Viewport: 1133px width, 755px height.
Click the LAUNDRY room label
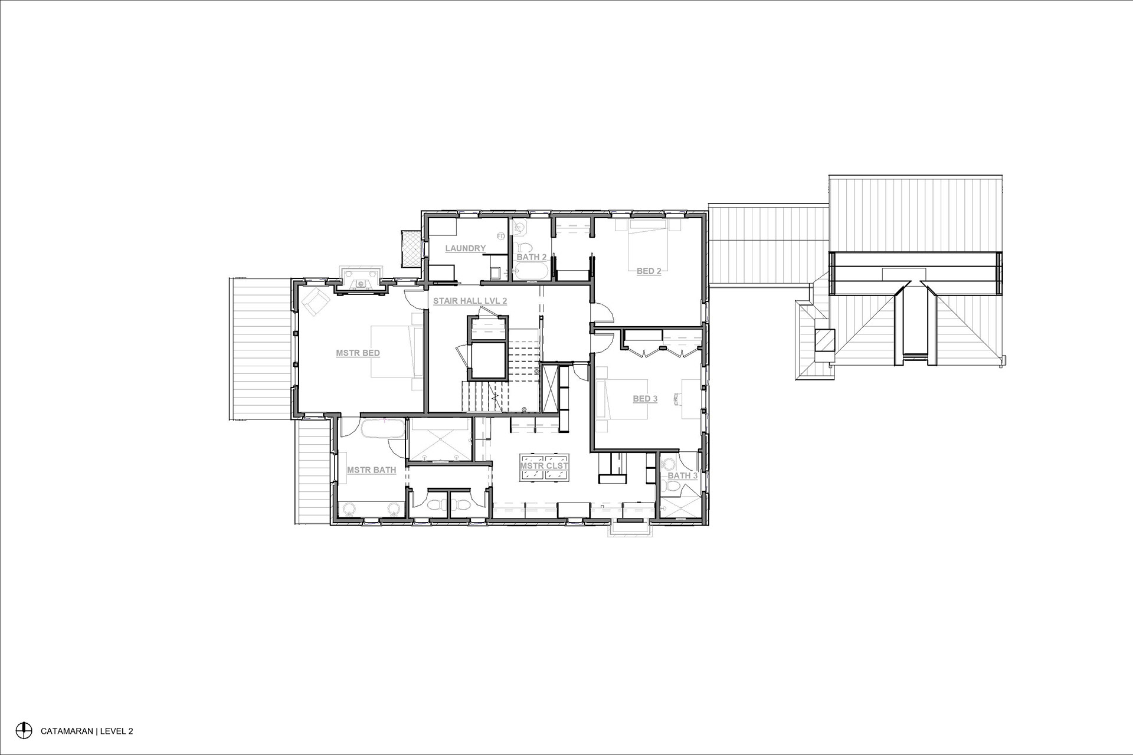[465, 248]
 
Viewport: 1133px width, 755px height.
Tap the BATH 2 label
[532, 257]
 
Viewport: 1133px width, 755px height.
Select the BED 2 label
[649, 271]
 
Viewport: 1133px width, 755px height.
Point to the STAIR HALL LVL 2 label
[470, 301]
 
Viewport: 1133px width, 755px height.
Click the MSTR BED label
[358, 353]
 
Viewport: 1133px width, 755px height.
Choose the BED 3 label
[645, 399]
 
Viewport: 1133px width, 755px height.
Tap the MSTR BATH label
[371, 470]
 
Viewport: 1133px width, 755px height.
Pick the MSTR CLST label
[544, 465]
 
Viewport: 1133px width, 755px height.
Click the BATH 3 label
[683, 475]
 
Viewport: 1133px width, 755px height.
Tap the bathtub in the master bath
[383, 429]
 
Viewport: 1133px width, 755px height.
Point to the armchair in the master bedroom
[316, 302]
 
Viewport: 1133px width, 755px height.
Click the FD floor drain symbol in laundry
[501, 237]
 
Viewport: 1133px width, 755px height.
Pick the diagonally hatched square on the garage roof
[824, 340]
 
